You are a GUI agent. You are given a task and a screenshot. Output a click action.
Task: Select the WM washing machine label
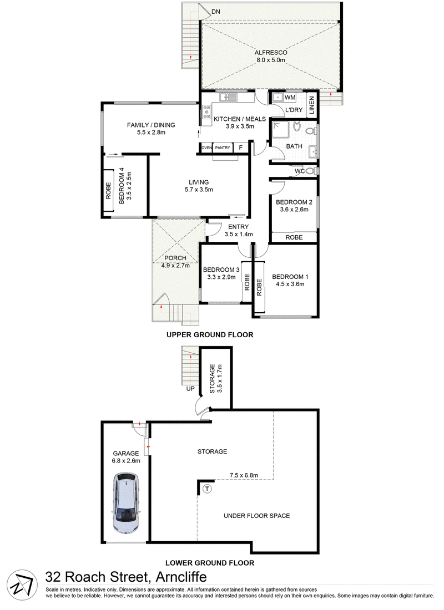290,98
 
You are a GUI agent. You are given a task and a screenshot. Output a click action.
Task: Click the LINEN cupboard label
312,106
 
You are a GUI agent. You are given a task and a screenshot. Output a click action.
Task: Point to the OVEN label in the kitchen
206,148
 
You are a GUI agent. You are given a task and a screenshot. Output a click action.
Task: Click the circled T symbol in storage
207,489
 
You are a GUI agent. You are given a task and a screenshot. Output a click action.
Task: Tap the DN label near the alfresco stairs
216,12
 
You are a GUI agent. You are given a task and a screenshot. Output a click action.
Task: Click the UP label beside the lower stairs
190,389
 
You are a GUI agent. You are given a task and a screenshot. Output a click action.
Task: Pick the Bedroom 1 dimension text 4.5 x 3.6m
290,284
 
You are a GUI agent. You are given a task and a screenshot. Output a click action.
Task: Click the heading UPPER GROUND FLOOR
210,334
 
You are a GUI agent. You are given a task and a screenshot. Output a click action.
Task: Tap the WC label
300,171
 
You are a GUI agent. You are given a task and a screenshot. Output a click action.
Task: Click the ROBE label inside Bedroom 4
109,191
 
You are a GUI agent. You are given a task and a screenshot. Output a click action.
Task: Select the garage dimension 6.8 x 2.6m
125,460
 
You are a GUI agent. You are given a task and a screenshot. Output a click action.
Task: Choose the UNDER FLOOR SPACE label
256,516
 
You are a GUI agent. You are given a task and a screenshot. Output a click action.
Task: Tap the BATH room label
294,146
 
